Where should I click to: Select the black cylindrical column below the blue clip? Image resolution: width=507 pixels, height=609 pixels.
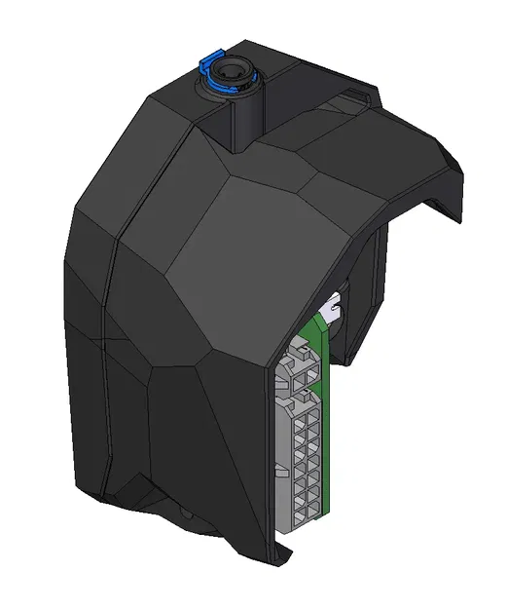point(239,117)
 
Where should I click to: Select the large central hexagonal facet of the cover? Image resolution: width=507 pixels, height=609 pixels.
point(253,263)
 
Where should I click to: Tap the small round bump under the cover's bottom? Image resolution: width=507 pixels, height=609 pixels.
point(185,513)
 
